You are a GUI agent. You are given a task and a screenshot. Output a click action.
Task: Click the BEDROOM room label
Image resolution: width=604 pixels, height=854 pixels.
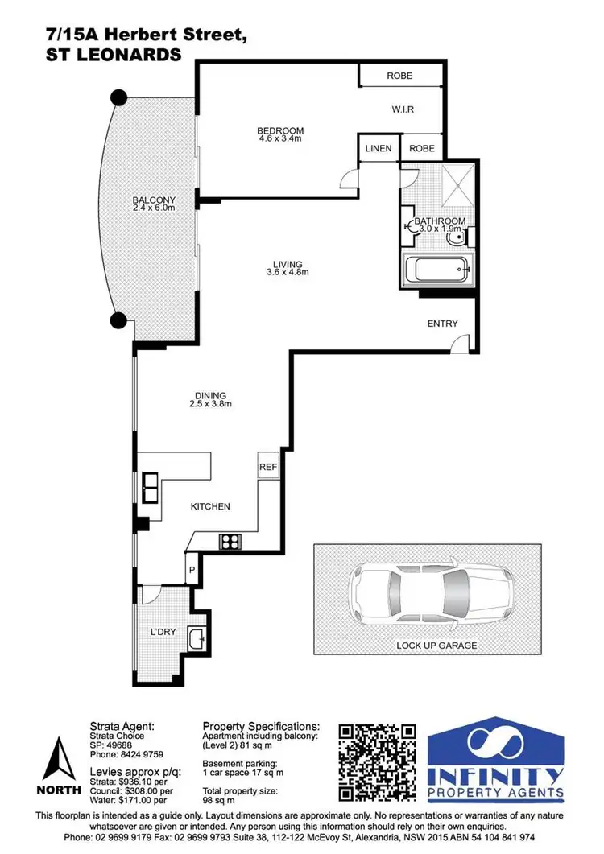[280, 131]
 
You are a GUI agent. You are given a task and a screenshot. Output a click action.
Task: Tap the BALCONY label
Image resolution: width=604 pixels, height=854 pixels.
[154, 200]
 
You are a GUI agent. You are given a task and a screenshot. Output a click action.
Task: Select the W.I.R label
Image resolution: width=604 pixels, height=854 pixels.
[403, 109]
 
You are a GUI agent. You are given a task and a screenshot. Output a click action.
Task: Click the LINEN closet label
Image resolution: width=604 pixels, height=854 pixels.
[378, 149]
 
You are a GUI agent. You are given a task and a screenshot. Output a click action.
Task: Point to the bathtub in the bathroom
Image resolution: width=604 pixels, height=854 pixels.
[438, 270]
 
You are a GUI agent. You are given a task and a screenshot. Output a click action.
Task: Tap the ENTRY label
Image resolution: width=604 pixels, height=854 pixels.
[442, 324]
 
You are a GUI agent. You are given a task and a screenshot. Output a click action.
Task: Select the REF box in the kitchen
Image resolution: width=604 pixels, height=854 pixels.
[267, 467]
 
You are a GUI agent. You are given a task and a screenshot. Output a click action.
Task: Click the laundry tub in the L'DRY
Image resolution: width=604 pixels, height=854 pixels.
[196, 639]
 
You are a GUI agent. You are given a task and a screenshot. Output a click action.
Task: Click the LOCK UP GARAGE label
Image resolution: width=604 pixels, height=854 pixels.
[436, 646]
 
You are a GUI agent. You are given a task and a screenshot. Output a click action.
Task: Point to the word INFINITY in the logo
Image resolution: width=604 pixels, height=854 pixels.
[495, 778]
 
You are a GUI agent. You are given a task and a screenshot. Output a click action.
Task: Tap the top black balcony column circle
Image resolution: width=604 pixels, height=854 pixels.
[118, 97]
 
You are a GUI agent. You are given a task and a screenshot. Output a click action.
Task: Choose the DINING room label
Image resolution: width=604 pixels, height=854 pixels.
[210, 395]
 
